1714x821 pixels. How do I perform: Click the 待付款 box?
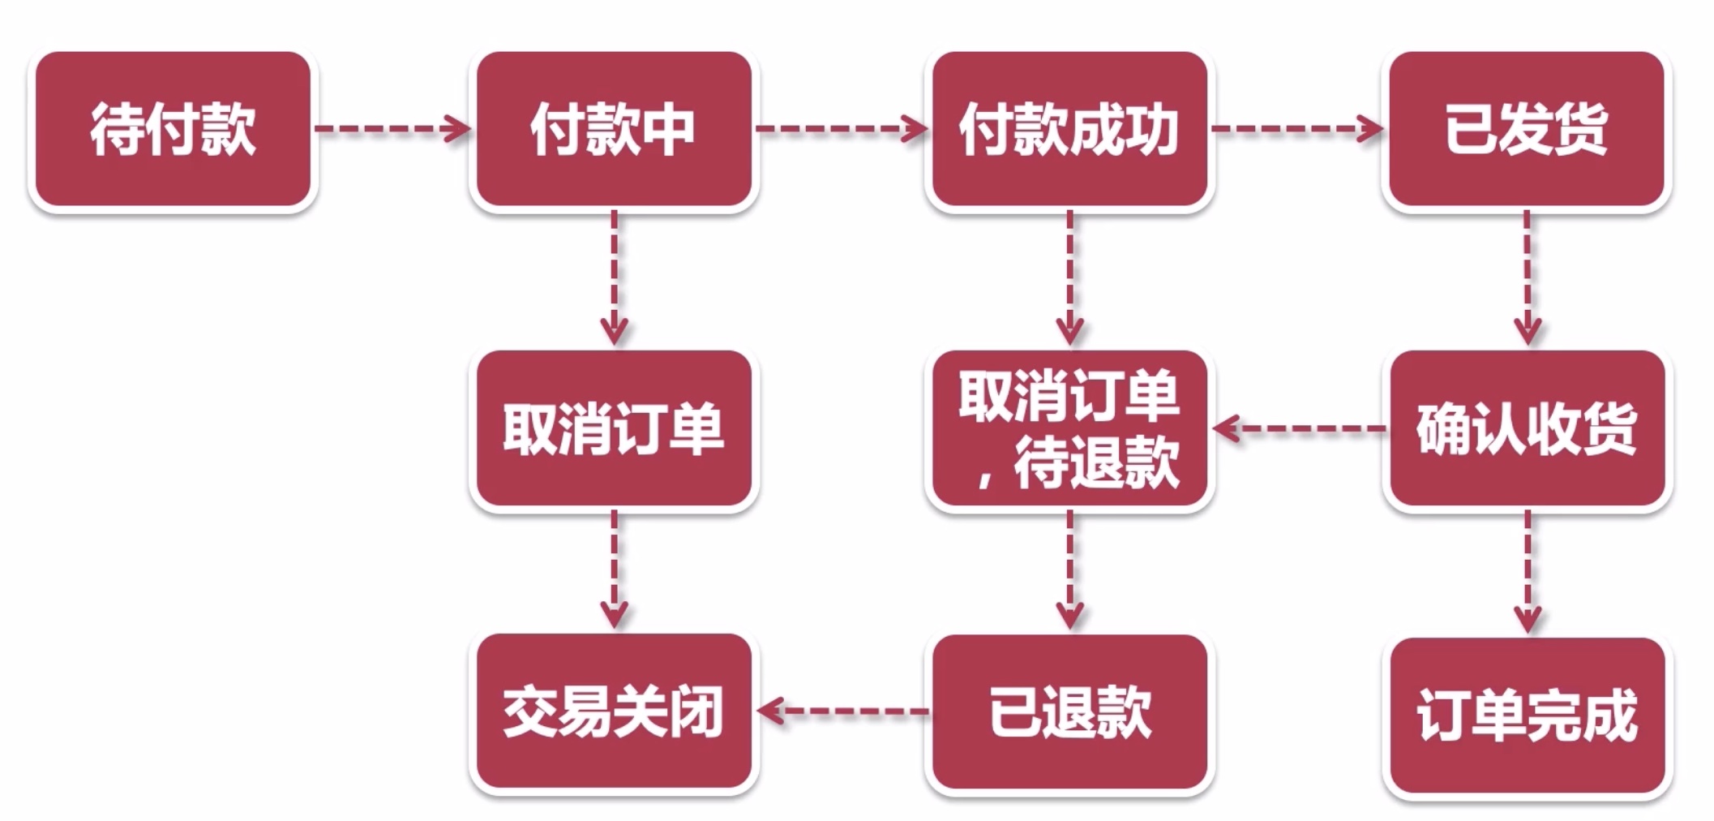click(173, 129)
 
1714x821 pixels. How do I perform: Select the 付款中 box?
click(614, 129)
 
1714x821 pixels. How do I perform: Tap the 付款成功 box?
click(1069, 129)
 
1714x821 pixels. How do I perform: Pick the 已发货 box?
click(1527, 129)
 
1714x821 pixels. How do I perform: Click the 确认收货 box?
click(1527, 428)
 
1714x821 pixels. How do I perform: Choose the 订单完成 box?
click(1527, 715)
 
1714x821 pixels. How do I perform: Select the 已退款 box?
click(1069, 711)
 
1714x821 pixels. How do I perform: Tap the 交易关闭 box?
click(614, 711)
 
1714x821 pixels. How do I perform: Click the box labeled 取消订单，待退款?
click(1069, 428)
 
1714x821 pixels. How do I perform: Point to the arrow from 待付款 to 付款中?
click(392, 128)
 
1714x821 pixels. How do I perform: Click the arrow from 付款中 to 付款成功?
click(842, 128)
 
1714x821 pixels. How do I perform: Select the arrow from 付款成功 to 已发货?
click(1297, 128)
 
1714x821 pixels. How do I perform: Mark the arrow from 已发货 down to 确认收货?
click(1528, 277)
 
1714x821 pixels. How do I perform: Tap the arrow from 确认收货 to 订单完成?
click(1528, 571)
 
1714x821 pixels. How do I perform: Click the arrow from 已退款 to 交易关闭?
click(843, 711)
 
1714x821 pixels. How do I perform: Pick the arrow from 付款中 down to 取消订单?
click(614, 277)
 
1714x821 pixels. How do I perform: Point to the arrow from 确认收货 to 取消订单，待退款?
click(1300, 428)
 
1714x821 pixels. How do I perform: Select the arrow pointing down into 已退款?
click(1070, 570)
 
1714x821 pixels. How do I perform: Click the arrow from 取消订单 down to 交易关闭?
click(614, 570)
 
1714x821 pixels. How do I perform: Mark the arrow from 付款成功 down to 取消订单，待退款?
click(1070, 277)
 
